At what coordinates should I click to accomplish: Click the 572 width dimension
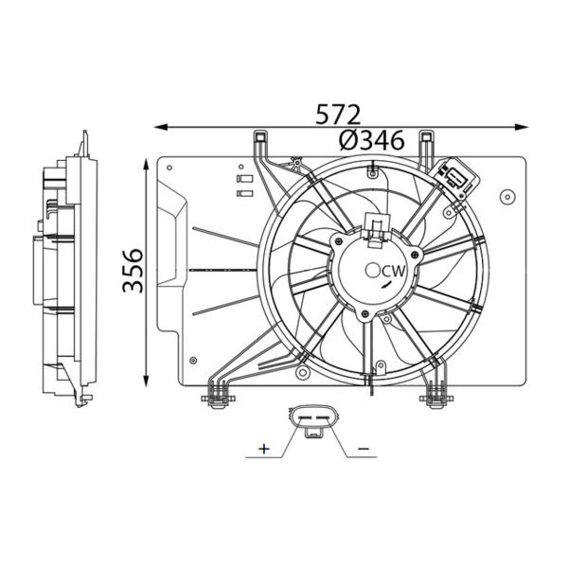338,115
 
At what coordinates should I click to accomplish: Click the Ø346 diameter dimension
372,140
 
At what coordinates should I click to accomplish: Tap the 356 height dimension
133,270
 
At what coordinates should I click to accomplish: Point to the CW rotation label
394,271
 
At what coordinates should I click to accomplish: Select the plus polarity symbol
264,449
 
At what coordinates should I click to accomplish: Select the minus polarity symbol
364,449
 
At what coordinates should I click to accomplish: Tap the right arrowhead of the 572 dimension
522,127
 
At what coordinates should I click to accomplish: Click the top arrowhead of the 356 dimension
146,165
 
